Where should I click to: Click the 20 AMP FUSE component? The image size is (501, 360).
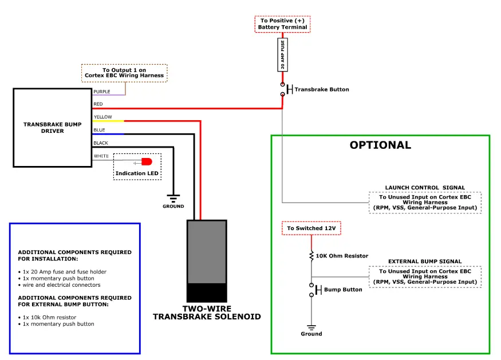282,56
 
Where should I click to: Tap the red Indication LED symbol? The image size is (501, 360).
147,162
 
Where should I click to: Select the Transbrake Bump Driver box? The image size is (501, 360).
52,127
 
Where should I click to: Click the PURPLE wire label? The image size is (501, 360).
102,91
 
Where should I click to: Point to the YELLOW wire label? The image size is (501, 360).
103,117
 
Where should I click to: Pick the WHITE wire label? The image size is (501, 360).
101,156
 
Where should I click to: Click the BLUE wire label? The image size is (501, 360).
99,130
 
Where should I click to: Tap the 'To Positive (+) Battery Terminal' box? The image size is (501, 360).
282,24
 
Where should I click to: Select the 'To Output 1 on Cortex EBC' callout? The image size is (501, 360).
124,73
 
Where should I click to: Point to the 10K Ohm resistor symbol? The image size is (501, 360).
311,255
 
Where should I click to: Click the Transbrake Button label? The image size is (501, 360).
321,89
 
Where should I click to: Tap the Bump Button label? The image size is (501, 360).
343,290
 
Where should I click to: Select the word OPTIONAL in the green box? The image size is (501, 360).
380,145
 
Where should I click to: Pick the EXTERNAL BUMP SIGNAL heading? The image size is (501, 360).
425,262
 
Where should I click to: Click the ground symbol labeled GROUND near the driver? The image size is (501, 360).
173,199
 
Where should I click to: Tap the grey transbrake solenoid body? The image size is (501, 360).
207,252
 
